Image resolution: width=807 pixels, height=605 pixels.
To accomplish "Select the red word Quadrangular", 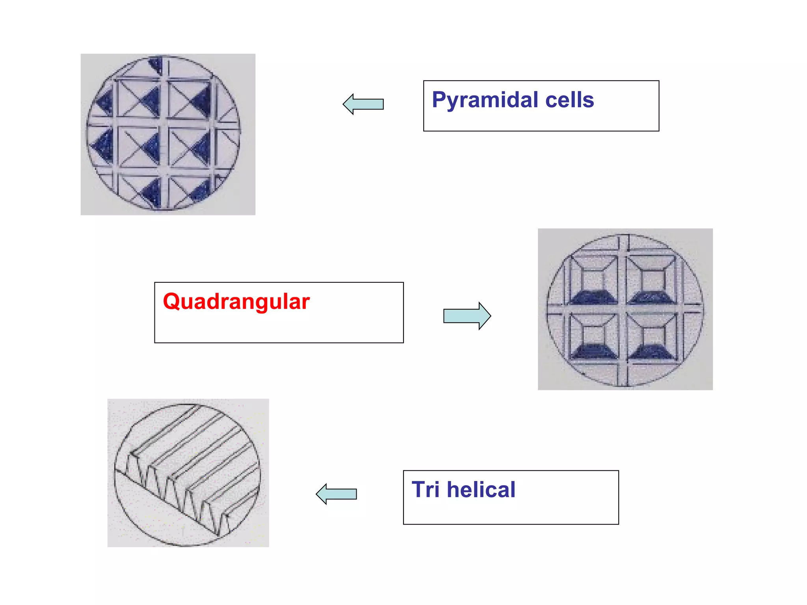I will [236, 302].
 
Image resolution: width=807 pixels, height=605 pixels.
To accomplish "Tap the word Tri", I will [425, 490].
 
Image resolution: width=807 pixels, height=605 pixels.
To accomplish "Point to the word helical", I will [481, 490].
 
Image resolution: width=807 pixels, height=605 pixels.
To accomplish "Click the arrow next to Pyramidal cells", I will [363, 104].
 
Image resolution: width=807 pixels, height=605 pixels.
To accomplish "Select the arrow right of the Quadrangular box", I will [467, 316].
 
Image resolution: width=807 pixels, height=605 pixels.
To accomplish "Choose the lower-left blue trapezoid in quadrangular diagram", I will [593, 351].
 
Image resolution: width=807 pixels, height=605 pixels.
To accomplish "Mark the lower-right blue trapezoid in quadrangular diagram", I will [651, 351].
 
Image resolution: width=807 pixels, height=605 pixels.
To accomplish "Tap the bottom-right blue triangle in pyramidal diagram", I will [201, 192].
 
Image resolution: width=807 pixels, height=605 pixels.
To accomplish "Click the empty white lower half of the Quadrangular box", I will [279, 329].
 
